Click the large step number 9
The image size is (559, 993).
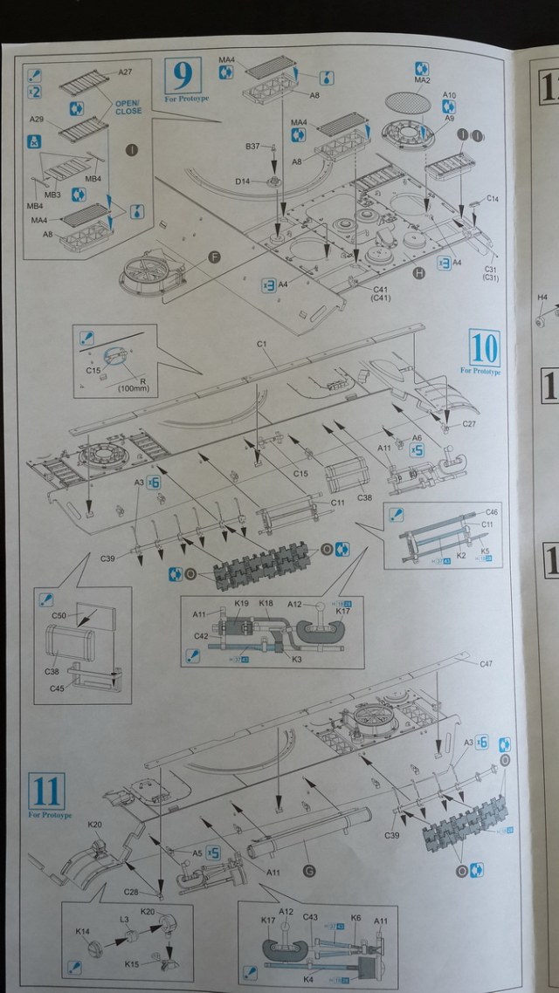[182, 77]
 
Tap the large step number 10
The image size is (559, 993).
[484, 347]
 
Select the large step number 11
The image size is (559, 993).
[45, 791]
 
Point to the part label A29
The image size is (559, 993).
[37, 119]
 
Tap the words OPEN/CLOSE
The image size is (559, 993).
[128, 107]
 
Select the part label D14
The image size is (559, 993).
[242, 181]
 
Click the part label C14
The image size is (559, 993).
[492, 199]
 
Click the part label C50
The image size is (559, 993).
[59, 616]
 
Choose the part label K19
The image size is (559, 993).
[242, 603]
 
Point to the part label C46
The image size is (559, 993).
[491, 512]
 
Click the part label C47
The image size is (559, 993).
[486, 664]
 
